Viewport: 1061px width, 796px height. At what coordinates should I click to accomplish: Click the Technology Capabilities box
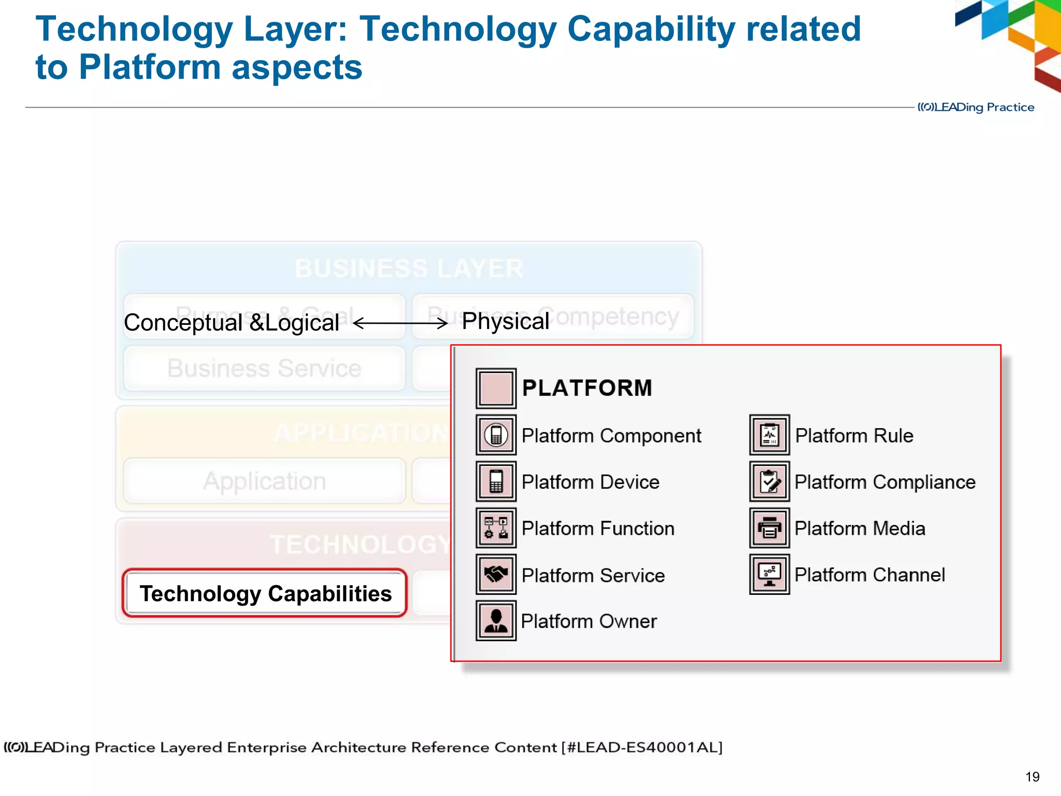click(x=265, y=593)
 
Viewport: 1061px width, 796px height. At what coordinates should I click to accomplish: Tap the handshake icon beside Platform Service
click(x=496, y=574)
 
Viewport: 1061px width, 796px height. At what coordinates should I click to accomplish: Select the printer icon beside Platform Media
click(x=769, y=528)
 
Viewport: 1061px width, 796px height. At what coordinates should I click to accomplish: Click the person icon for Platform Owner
click(x=496, y=620)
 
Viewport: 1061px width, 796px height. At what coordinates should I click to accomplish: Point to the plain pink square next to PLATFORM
click(x=496, y=388)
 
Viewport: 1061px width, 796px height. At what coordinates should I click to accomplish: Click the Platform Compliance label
click(x=885, y=482)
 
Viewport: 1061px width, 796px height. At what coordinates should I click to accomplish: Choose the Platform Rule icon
click(x=769, y=435)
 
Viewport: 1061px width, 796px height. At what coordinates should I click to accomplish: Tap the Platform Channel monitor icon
click(x=769, y=574)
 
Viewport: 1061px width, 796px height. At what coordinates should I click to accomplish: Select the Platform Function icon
click(x=496, y=528)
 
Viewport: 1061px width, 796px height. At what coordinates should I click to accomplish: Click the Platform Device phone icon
click(x=496, y=481)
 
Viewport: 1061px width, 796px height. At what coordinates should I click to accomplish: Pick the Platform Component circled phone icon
click(x=496, y=435)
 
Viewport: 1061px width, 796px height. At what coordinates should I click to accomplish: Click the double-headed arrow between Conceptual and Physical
click(x=400, y=323)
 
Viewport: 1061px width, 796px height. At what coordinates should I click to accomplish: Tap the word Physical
click(x=505, y=321)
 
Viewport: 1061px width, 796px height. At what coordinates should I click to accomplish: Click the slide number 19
click(x=1032, y=776)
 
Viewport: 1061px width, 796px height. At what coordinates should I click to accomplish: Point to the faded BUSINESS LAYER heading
click(x=409, y=268)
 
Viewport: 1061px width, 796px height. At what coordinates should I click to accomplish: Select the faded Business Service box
click(x=264, y=368)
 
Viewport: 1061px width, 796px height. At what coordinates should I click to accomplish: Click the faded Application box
click(x=264, y=481)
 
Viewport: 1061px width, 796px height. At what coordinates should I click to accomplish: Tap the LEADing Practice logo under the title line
click(x=976, y=107)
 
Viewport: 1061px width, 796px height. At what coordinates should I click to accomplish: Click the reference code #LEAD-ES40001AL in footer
click(x=642, y=747)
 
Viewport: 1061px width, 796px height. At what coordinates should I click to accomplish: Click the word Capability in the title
click(x=651, y=29)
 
